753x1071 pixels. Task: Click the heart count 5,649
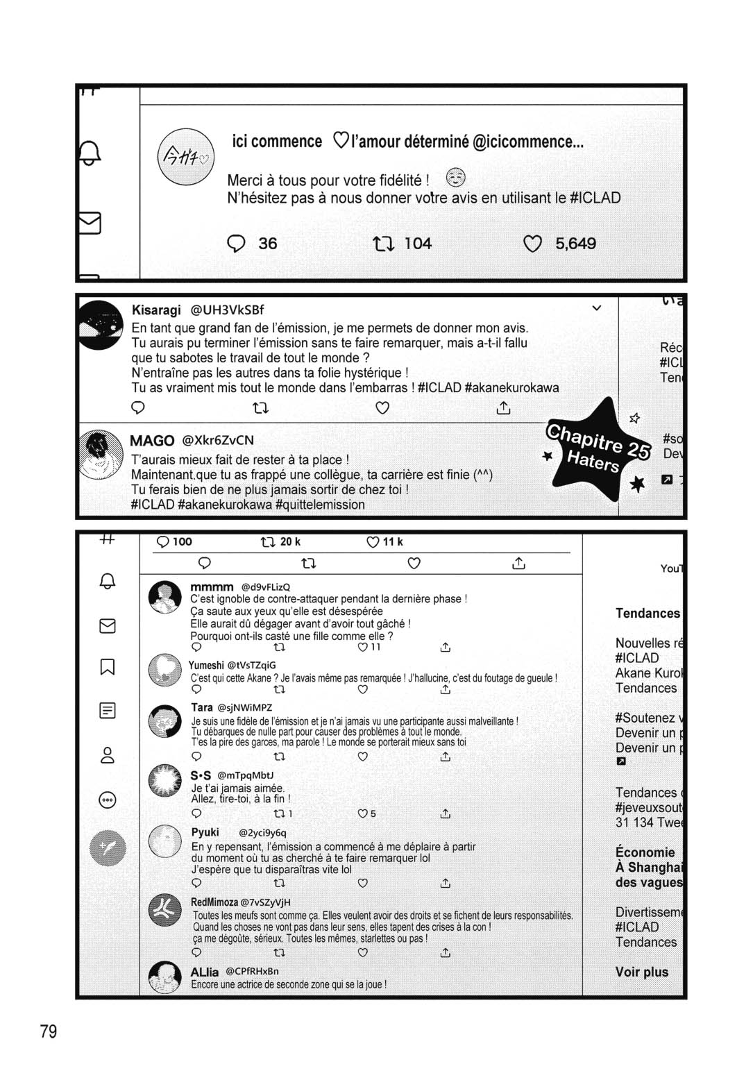click(575, 244)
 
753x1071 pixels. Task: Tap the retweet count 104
click(417, 244)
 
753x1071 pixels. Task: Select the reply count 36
click(267, 244)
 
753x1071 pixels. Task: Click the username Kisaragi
click(156, 310)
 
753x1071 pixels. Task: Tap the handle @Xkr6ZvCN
click(218, 440)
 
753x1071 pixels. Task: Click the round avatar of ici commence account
click(185, 158)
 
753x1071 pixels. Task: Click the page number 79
click(49, 1031)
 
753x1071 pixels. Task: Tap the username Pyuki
click(205, 832)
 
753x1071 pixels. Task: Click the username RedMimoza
click(214, 902)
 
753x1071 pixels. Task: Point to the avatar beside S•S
click(165, 781)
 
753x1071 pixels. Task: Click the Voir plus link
click(641, 972)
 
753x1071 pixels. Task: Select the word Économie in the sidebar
click(645, 852)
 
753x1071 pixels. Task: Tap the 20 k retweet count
click(289, 541)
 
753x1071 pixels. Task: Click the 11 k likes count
click(392, 541)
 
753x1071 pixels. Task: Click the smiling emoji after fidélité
click(455, 178)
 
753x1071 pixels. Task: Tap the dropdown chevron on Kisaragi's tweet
click(596, 307)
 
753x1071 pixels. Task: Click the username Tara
click(201, 707)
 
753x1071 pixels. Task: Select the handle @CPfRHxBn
click(252, 971)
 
